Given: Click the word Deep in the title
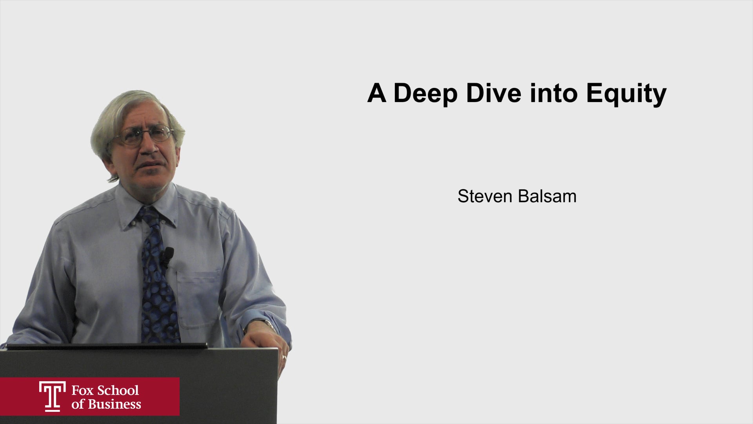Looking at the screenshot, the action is (x=425, y=93).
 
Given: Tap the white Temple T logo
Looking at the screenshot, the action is (x=52, y=397).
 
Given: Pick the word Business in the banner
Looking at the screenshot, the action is (x=115, y=404).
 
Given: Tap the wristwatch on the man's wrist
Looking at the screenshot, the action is (x=267, y=324).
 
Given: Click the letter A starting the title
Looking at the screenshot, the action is (x=376, y=93).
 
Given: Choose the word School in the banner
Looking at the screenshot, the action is (x=118, y=391).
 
